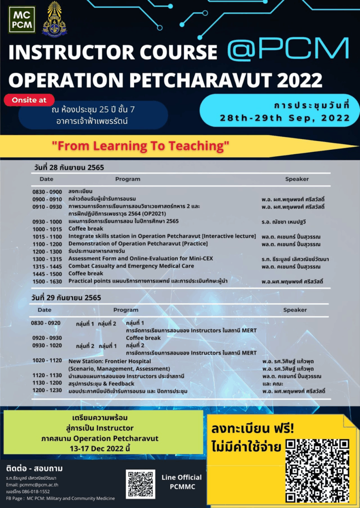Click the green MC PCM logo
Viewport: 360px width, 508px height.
pyautogui.click(x=22, y=19)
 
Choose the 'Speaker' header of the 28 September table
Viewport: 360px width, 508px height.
pyautogui.click(x=296, y=179)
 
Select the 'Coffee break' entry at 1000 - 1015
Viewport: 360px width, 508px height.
pyautogui.click(x=86, y=229)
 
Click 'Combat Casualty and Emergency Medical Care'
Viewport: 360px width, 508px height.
pyautogui.click(x=131, y=266)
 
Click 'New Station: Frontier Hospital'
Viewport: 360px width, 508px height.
pyautogui.click(x=110, y=361)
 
